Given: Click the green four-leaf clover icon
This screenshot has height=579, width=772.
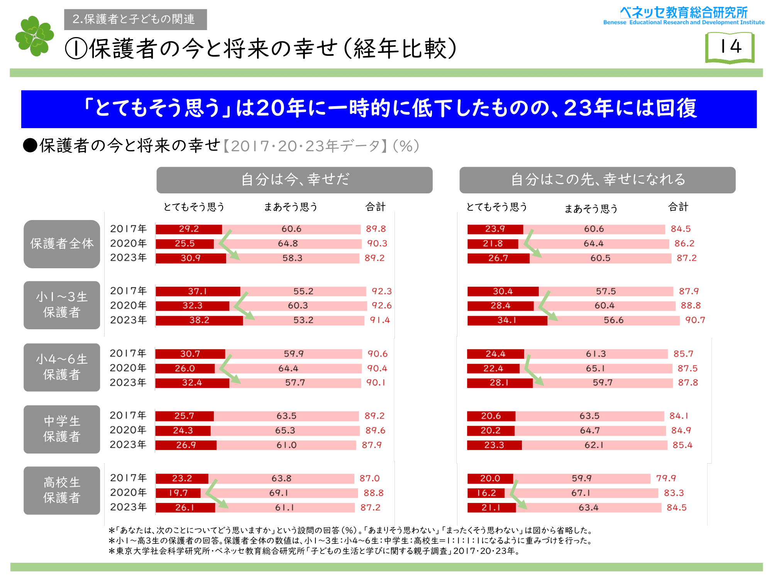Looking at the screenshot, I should [x=35, y=36].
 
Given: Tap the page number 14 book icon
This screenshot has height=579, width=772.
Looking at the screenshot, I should [x=730, y=47].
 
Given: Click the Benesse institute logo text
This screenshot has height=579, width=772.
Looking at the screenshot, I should [x=684, y=16].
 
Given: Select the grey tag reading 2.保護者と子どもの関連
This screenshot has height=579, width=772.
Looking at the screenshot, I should [x=135, y=19].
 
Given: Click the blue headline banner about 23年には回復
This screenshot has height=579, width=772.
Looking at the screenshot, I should [x=389, y=109].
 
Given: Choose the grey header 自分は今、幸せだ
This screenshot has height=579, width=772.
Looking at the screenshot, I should [x=294, y=180].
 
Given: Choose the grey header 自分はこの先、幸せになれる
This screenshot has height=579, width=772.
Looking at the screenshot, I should [x=597, y=180].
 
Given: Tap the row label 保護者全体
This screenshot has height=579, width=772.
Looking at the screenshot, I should [x=62, y=244].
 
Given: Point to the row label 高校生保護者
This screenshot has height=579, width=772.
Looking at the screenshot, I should [x=62, y=490].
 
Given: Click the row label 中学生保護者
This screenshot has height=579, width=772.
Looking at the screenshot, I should [x=62, y=429].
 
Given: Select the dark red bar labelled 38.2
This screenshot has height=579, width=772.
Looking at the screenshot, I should [x=199, y=320].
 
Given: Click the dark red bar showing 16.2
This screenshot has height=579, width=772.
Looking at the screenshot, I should [x=486, y=493].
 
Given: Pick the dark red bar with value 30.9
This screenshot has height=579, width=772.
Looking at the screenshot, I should [x=191, y=258].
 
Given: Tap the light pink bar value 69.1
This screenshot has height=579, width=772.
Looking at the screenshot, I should [x=279, y=493].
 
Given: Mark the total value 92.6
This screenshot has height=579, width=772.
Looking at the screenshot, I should [x=381, y=306].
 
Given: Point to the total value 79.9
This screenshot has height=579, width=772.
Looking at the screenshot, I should [x=666, y=479].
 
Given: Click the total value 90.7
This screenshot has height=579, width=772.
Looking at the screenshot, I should [x=695, y=320].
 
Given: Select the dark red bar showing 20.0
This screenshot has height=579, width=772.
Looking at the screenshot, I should [x=490, y=479].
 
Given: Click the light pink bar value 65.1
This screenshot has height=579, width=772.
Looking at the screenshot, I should [x=595, y=369].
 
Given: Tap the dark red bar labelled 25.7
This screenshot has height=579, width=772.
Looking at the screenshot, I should [x=184, y=416].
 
